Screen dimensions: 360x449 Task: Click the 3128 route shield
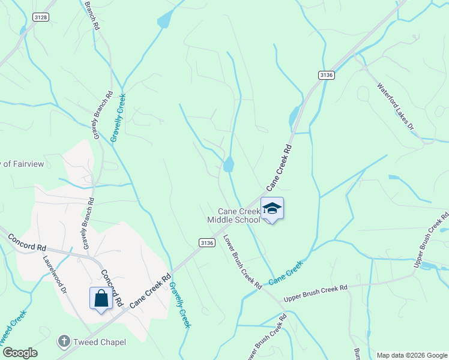[41, 17]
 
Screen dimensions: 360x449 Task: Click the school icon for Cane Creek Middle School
[272, 209]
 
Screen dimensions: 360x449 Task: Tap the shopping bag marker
[100, 298]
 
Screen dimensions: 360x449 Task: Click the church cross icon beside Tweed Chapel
[64, 341]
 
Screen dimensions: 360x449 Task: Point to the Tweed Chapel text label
[100, 342]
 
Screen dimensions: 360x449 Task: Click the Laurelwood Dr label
[55, 275]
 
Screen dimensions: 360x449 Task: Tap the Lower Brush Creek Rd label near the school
[242, 261]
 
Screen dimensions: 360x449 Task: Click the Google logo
[20, 353]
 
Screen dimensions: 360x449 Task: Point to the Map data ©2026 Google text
[411, 355]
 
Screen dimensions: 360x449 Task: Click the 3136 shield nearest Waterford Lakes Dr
[326, 74]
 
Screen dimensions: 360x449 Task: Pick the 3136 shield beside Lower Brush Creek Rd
[206, 242]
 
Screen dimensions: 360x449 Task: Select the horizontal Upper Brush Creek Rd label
[316, 293]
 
